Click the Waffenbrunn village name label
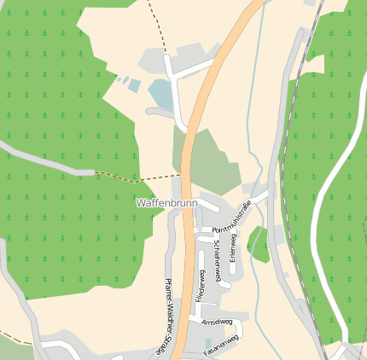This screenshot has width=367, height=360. point(166,204)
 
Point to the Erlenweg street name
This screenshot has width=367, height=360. point(231,247)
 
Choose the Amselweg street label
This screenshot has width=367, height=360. point(217,322)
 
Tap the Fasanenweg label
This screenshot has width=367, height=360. point(221,344)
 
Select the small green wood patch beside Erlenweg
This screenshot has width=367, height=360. point(259,244)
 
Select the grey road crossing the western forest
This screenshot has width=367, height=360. point(51,164)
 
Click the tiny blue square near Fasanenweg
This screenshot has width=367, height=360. point(208,344)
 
